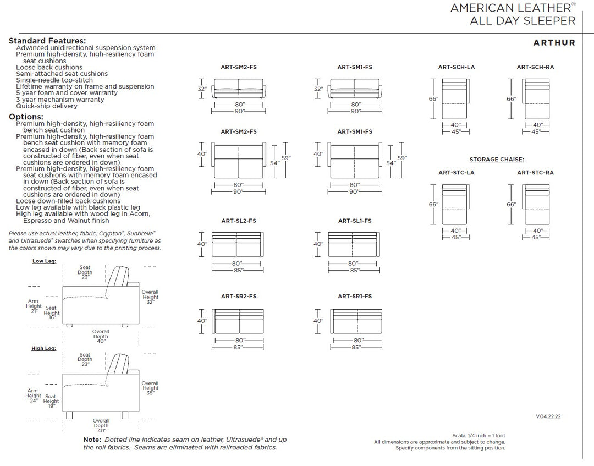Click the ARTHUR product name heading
click(554, 42)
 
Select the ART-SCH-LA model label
click(457, 67)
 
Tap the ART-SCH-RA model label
click(535, 67)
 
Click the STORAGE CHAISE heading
click(496, 160)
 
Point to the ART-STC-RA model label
click(535, 173)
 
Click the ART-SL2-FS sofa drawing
click(238, 244)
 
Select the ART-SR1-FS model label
click(355, 297)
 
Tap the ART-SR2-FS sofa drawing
click(238, 321)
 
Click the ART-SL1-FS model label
click(355, 221)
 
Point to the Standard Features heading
click(47, 41)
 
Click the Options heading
click(26, 117)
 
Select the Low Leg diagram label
click(44, 261)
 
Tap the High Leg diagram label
click(44, 348)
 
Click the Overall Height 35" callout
click(150, 388)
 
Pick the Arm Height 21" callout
click(34, 306)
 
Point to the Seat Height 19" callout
click(51, 399)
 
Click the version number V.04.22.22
click(548, 416)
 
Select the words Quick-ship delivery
click(47, 106)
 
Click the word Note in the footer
click(92, 440)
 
